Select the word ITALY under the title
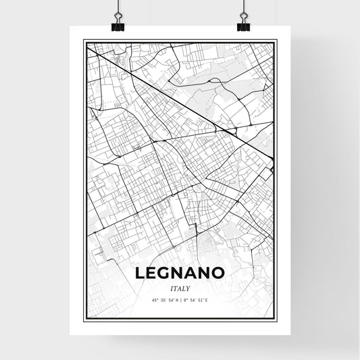(180, 288)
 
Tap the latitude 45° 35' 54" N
(163, 301)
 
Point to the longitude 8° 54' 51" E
(197, 301)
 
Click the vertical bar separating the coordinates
(180, 301)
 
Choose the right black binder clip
(242, 26)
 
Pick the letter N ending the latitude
(176, 301)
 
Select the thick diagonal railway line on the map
(182, 101)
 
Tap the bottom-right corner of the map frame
(276, 319)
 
